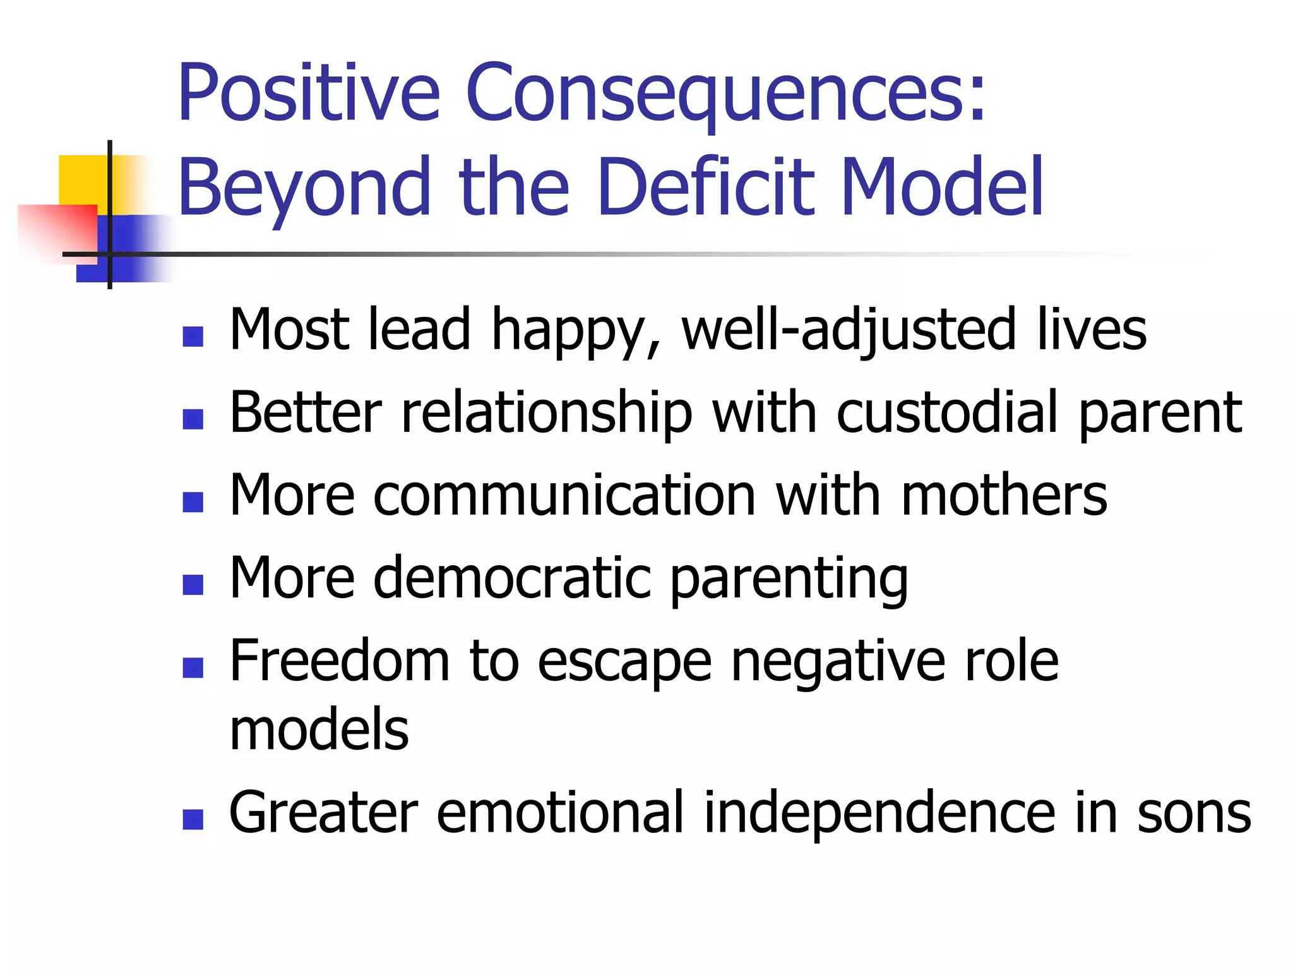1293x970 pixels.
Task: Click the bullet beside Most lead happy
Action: pyautogui.click(x=193, y=337)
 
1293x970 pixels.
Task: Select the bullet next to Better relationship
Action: pyautogui.click(x=193, y=419)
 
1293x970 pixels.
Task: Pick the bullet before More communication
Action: pyautogui.click(x=193, y=502)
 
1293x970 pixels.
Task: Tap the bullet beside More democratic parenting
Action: pyautogui.click(x=193, y=585)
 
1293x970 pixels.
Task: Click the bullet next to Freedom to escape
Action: pyautogui.click(x=193, y=668)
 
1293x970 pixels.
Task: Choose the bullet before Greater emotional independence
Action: pyautogui.click(x=193, y=819)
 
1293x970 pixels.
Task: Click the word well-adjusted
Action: pyautogui.click(x=850, y=330)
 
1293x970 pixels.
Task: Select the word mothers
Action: pyautogui.click(x=1004, y=495)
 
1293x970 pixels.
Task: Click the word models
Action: pyautogui.click(x=319, y=729)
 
